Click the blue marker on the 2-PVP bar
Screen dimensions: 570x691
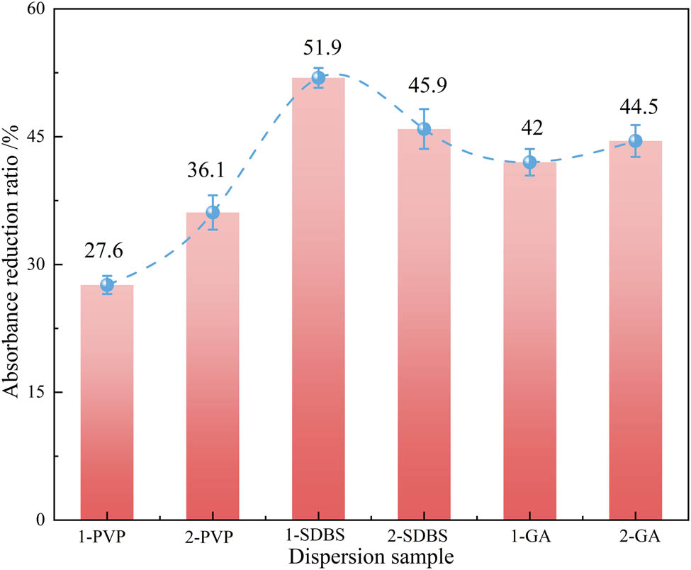(x=213, y=213)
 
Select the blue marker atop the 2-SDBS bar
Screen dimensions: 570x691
(x=424, y=129)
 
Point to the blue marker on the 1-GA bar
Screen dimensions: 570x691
(x=529, y=162)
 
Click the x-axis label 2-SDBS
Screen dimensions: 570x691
(x=424, y=536)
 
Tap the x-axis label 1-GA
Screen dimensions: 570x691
(x=529, y=536)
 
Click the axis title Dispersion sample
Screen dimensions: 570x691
(x=371, y=556)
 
